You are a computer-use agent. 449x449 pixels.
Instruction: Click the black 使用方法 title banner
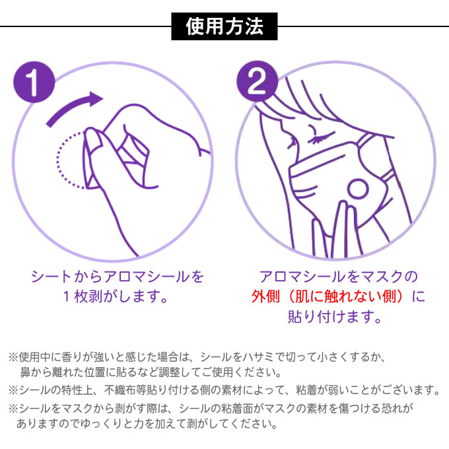click(x=224, y=26)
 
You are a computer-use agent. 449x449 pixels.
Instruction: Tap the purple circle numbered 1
click(x=34, y=82)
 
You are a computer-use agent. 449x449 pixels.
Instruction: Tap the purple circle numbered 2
click(x=257, y=81)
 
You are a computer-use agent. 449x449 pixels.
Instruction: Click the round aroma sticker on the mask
click(x=357, y=190)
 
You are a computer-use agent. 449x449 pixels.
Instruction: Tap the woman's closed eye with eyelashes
click(x=322, y=137)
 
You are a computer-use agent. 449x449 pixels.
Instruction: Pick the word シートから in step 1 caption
click(x=67, y=277)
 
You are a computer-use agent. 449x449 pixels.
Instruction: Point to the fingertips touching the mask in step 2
click(x=343, y=207)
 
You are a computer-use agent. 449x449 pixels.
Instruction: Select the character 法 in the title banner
click(x=254, y=26)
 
